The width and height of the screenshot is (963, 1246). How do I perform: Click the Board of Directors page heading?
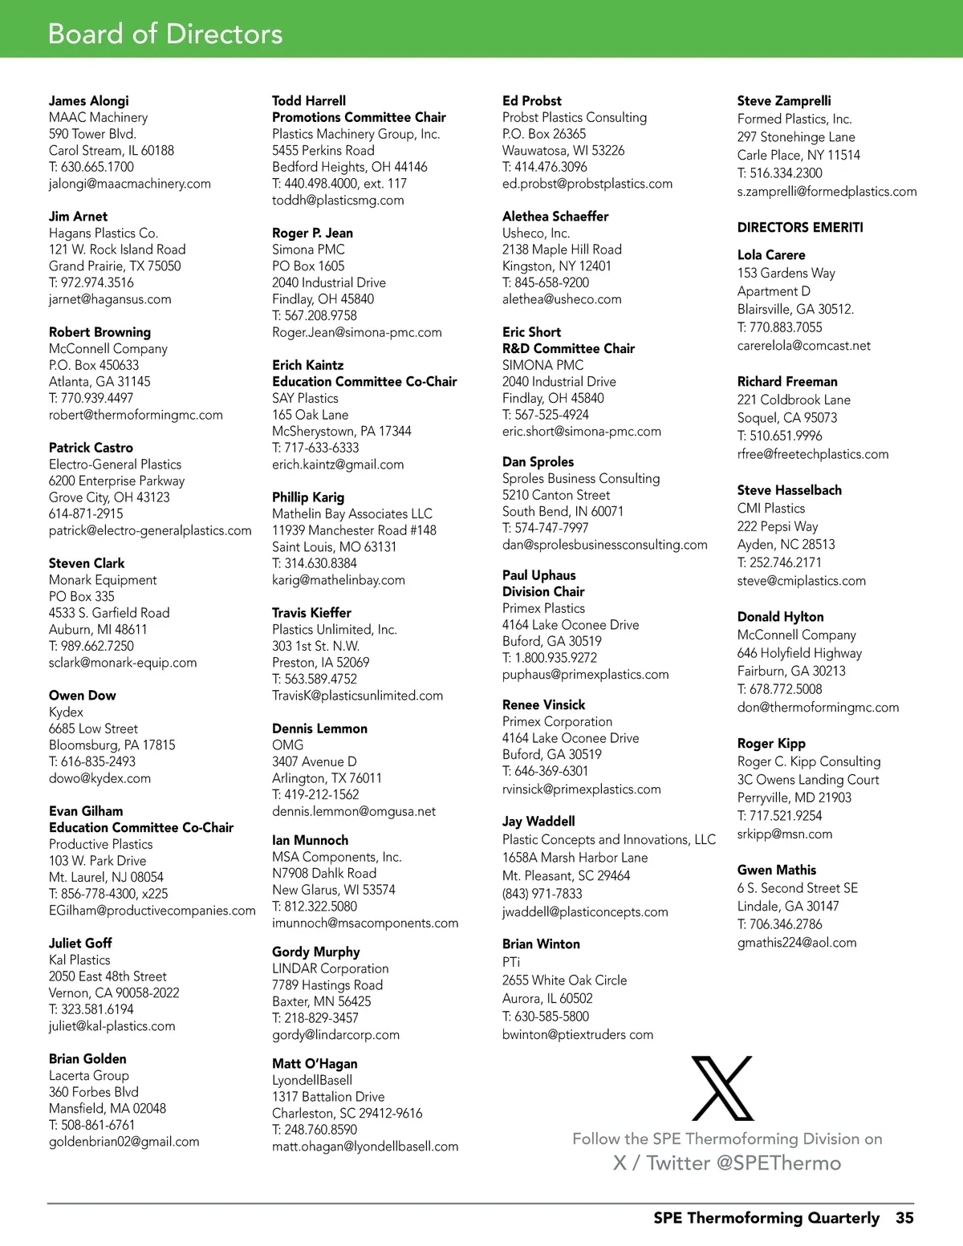(165, 34)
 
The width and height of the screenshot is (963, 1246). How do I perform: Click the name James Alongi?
(88, 100)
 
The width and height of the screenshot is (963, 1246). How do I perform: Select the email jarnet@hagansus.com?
(110, 299)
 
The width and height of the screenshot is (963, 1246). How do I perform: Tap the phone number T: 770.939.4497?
(91, 398)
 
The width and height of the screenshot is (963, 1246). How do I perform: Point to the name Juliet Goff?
(80, 943)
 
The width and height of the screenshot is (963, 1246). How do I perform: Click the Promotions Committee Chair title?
(359, 117)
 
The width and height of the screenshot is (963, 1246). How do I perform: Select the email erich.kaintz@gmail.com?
(338, 465)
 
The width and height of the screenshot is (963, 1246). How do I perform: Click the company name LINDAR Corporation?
(330, 968)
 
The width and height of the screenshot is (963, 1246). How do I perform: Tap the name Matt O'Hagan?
(315, 1064)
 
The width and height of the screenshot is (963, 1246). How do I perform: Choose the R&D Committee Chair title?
(568, 348)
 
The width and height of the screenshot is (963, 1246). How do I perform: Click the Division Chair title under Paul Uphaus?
(543, 591)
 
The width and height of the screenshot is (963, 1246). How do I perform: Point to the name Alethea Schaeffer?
(555, 217)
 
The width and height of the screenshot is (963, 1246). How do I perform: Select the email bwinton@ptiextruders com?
(577, 1035)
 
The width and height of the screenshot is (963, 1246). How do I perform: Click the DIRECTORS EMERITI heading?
(800, 227)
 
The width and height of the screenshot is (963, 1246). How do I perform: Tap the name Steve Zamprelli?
(784, 101)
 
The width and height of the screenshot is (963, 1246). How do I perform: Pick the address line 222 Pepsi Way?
(778, 526)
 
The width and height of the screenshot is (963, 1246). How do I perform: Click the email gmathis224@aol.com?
(797, 943)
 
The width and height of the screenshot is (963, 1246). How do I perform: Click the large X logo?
(722, 1088)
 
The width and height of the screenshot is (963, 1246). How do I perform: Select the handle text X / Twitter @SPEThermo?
(727, 1163)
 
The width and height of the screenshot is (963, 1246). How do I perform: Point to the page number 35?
(904, 1218)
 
